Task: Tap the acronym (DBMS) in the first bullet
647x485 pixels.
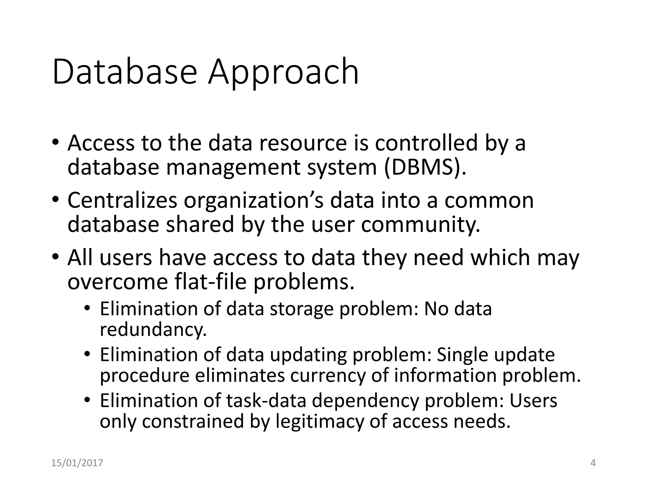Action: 425,167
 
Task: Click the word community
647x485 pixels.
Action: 420,224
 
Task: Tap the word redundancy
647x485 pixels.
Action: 153,330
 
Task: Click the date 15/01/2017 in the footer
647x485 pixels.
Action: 77,463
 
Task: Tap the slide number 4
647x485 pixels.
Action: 593,463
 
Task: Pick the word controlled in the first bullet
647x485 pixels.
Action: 426,143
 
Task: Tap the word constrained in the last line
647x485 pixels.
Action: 193,422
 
